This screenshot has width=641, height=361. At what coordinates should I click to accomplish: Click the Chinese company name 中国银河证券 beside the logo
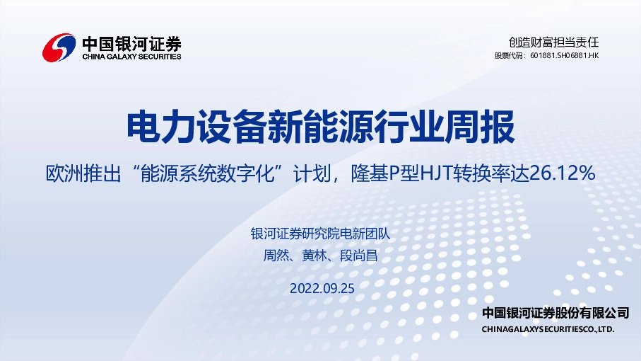click(x=131, y=41)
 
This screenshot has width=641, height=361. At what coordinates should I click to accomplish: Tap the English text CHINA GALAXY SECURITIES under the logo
click(x=131, y=57)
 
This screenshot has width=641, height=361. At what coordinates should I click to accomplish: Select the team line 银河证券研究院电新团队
click(x=320, y=234)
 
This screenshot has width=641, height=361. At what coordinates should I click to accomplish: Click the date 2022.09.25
click(x=321, y=287)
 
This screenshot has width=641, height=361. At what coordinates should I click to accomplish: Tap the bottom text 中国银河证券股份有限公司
click(x=555, y=313)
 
